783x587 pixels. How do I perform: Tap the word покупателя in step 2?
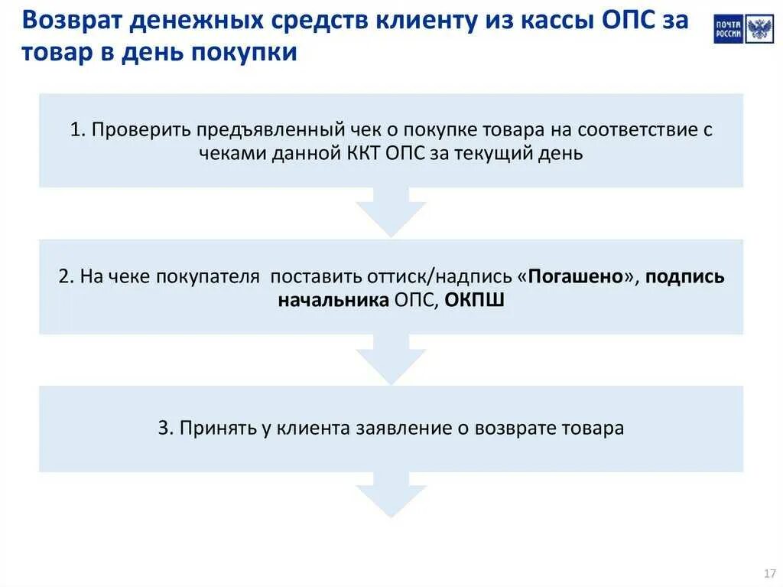point(208,277)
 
